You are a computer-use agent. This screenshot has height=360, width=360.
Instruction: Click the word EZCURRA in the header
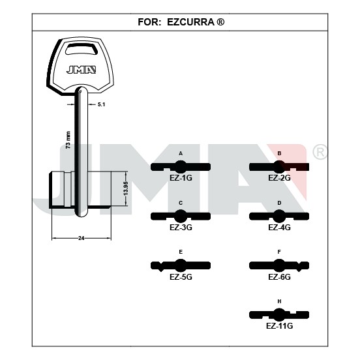coord(190,22)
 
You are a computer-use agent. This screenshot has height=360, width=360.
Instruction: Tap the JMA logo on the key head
coord(81,70)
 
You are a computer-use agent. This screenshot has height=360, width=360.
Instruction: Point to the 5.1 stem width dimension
coord(101,104)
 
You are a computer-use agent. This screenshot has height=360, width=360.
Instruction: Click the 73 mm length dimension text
coord(68,140)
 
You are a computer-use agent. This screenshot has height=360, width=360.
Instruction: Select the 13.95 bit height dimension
coord(125,188)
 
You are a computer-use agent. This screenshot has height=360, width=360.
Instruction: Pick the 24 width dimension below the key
coord(82,238)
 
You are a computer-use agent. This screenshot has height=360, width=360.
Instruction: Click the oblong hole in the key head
coord(82,49)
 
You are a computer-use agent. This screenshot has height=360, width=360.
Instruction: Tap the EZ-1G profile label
coord(181,178)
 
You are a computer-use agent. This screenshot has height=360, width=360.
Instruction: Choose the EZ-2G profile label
coord(279,178)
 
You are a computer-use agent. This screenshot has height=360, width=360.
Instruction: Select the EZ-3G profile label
coord(181,228)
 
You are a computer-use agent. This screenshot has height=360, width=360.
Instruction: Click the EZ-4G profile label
coord(279,228)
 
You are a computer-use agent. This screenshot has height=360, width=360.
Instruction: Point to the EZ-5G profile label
coord(181,277)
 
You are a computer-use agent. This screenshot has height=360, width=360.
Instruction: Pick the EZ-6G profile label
coord(279,277)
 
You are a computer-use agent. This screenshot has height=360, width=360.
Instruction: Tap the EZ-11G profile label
coord(279,326)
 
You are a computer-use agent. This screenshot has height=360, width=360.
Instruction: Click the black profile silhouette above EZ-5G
coord(181,265)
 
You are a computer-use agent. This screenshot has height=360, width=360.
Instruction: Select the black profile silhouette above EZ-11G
coord(279,315)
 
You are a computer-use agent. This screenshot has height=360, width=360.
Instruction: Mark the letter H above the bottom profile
coord(279,301)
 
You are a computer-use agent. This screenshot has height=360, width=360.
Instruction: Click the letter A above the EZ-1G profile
coord(181,153)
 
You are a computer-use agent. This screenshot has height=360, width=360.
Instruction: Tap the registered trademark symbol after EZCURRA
coord(220,22)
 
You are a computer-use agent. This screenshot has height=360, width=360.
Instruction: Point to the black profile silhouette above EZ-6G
coord(279,265)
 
